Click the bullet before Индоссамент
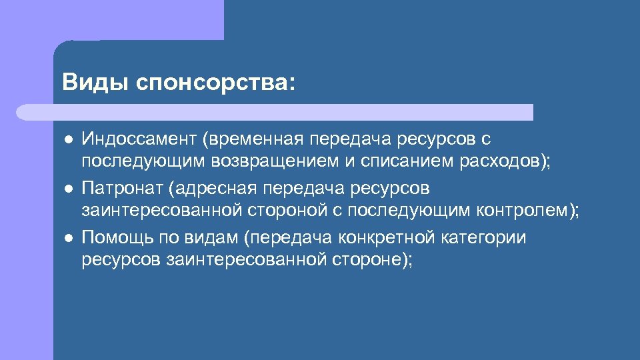(67, 139)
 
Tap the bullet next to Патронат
(67, 189)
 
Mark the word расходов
(499, 162)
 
